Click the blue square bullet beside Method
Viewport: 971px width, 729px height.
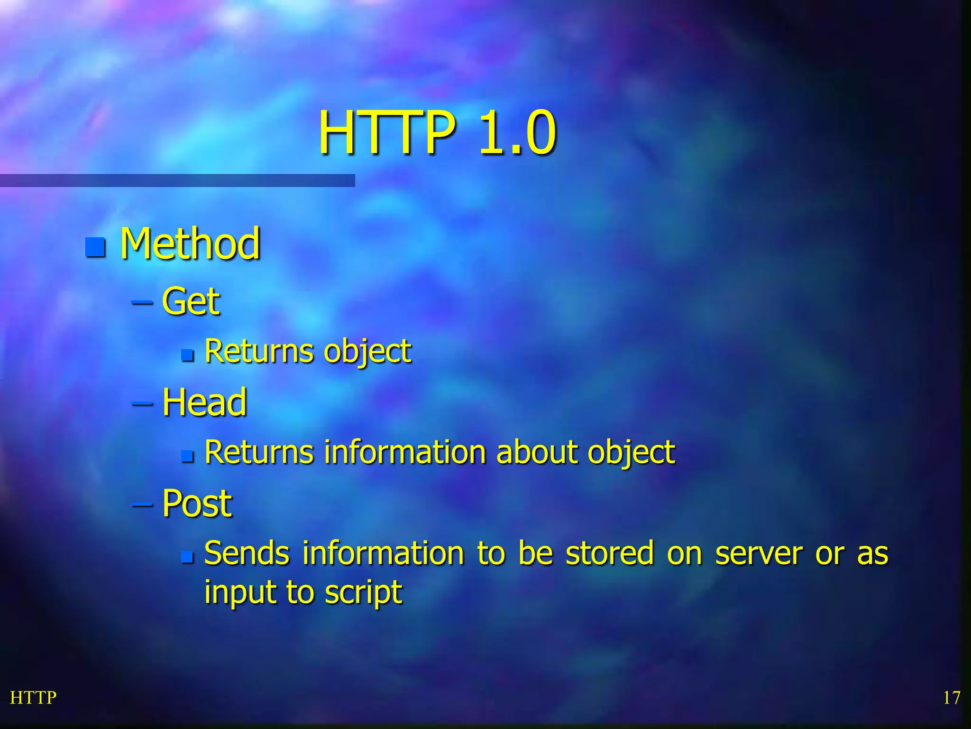[x=95, y=246]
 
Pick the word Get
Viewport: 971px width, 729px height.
[x=191, y=301]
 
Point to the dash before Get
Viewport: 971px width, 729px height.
[x=142, y=302]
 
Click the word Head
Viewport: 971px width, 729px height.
[x=204, y=402]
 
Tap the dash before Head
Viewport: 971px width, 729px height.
[x=142, y=403]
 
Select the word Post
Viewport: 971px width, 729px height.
[x=197, y=504]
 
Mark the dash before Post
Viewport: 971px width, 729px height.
[x=142, y=505]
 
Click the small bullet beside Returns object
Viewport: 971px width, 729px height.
[x=188, y=355]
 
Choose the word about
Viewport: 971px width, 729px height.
[x=536, y=452]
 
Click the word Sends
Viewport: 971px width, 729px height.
[x=247, y=553]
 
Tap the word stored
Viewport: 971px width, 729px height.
[x=610, y=553]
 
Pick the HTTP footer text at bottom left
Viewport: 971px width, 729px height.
[x=33, y=698]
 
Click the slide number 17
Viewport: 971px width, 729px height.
[x=951, y=698]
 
